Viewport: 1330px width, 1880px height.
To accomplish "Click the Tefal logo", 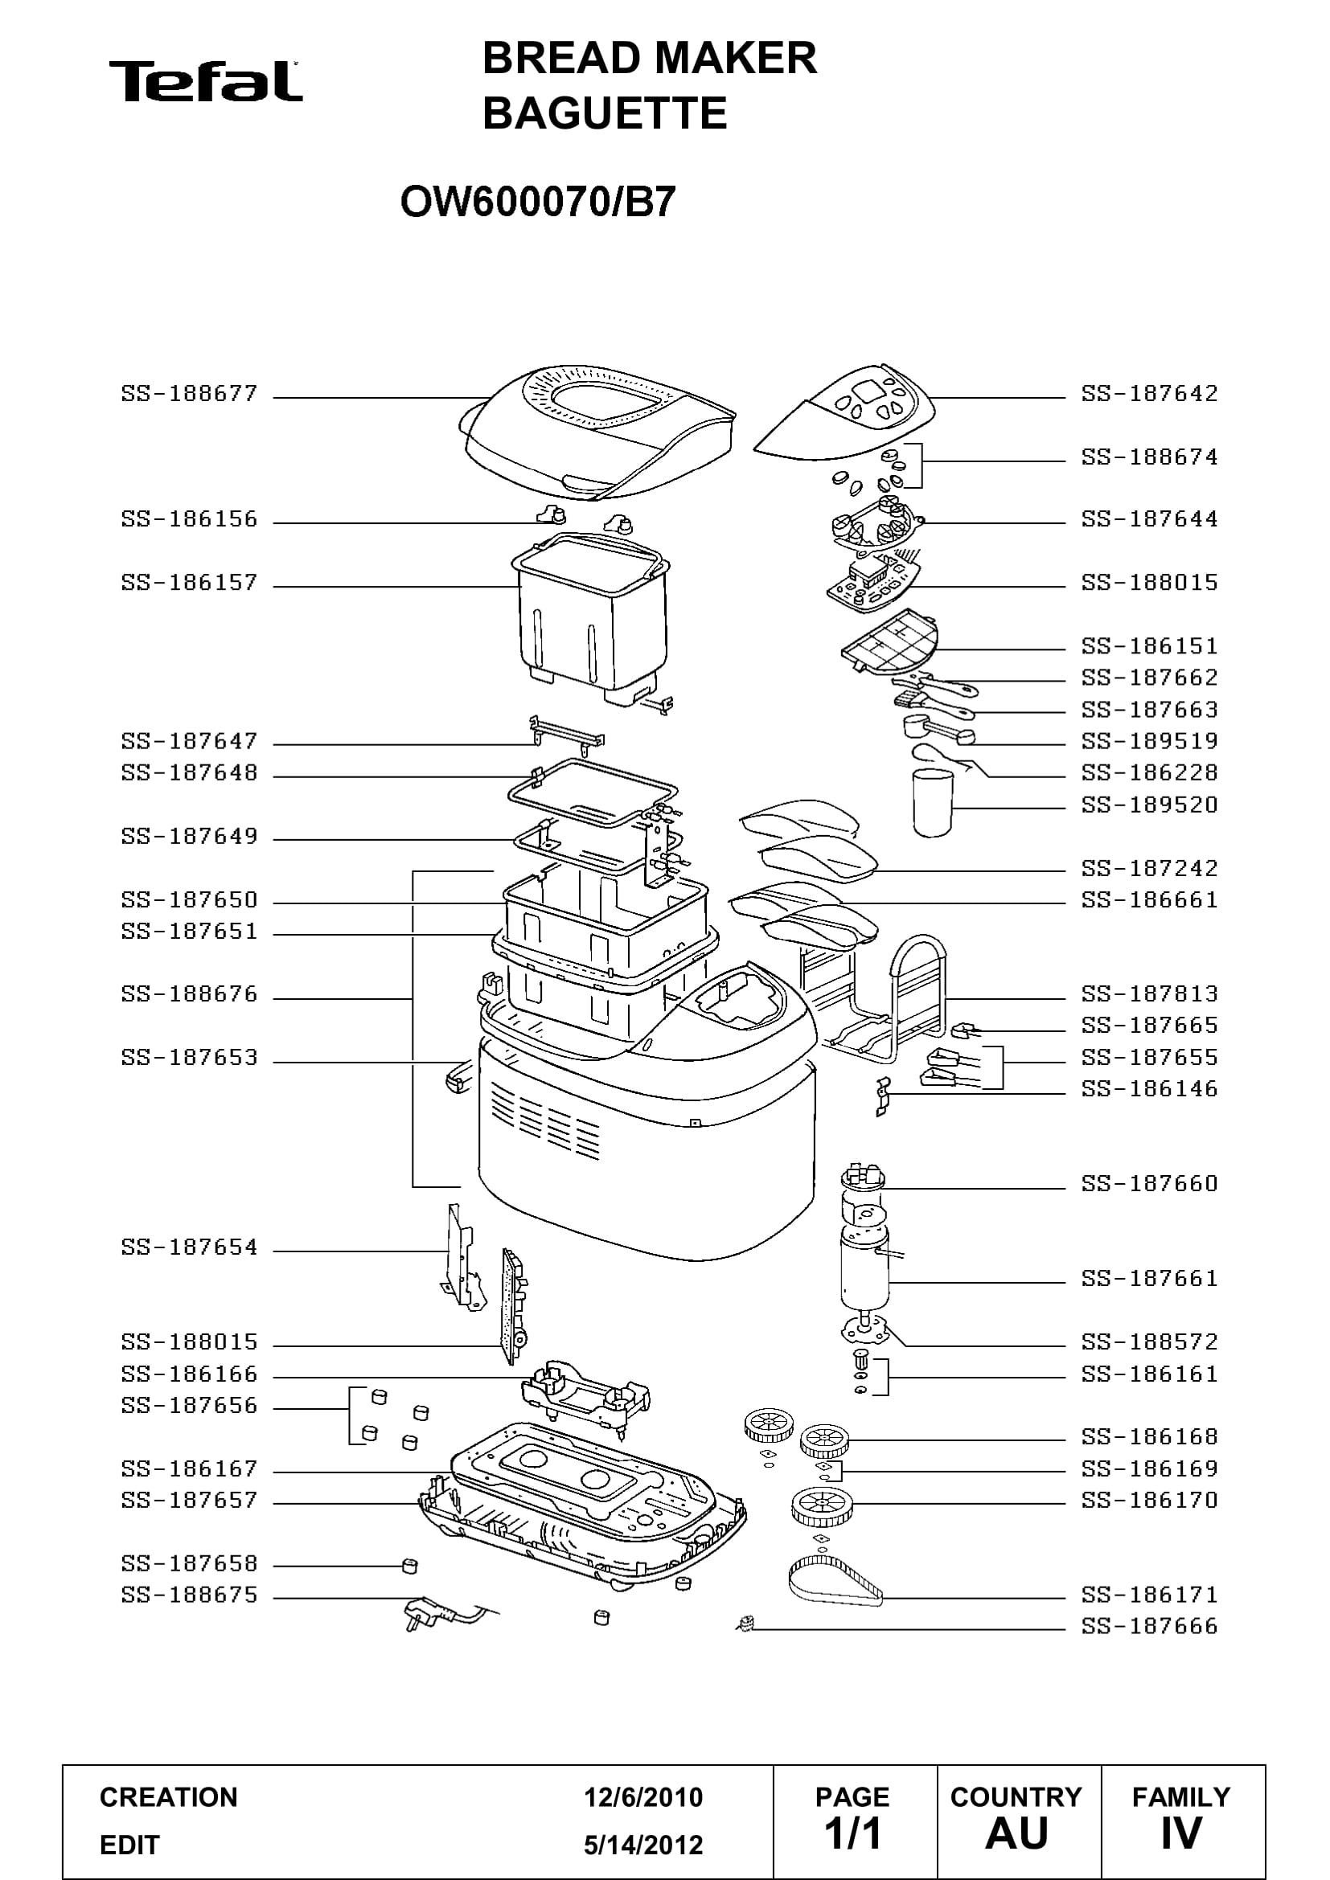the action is click(206, 81).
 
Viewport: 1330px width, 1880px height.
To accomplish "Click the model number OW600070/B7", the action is click(538, 202).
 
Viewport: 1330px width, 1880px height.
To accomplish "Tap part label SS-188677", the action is click(189, 394).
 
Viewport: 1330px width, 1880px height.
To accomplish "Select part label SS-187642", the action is click(1149, 394).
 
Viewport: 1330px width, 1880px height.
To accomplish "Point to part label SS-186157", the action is click(189, 583).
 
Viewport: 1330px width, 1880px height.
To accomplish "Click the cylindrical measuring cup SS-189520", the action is click(933, 801).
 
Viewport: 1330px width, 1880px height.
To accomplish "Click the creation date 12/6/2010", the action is click(643, 1797).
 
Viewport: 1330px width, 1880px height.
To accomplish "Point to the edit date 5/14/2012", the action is click(643, 1845).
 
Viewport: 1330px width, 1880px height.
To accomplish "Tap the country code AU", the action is click(1016, 1833).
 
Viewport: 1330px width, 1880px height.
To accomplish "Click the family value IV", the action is click(1181, 1833).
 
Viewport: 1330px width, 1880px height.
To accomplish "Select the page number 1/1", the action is click(852, 1833).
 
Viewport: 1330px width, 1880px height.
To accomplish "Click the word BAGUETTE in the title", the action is click(605, 113).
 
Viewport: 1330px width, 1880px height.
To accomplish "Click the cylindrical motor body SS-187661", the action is click(865, 1271).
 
